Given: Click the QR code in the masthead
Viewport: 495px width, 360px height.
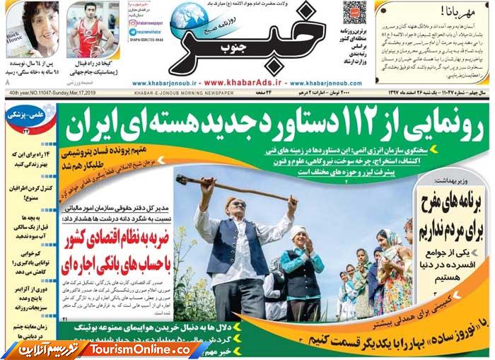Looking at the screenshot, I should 355,13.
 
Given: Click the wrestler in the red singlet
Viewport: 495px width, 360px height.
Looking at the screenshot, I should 88,32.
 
